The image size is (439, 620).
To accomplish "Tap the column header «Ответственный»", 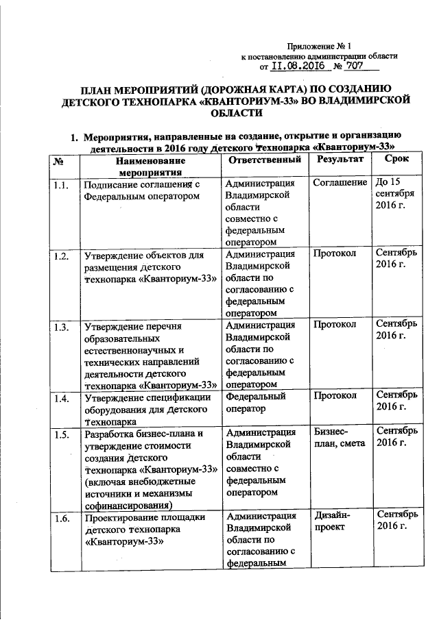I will click(264, 160).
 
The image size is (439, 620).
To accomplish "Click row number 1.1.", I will click(60, 184).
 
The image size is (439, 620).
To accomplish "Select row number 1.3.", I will click(60, 327).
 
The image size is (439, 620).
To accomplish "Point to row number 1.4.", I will click(60, 397).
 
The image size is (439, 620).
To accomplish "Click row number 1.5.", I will click(60, 433).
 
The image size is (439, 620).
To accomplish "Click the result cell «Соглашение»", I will click(339, 184).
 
